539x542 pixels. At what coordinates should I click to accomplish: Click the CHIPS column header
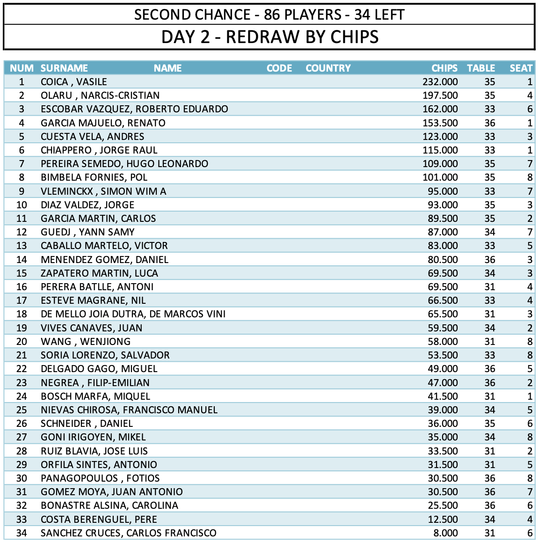click(444, 68)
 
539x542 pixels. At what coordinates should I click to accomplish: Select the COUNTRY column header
click(328, 68)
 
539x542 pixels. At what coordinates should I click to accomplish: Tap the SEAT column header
click(521, 68)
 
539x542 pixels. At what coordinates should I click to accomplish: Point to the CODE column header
click(279, 68)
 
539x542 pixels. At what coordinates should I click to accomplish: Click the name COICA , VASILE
click(74, 82)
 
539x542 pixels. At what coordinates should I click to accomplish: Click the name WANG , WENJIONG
click(86, 342)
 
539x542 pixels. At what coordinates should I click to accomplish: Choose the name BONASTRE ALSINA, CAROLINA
click(109, 505)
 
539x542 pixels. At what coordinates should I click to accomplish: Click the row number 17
click(22, 300)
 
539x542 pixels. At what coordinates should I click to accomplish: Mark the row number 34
click(22, 533)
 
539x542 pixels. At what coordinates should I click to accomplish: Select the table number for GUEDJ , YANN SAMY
click(489, 232)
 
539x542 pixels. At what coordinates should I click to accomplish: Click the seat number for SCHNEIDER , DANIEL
click(530, 424)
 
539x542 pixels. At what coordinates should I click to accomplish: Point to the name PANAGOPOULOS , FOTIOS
click(100, 478)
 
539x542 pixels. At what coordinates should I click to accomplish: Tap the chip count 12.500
click(443, 520)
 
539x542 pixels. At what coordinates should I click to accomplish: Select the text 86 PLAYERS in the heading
click(302, 15)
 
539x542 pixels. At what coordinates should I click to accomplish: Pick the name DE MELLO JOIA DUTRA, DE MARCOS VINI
click(133, 314)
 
